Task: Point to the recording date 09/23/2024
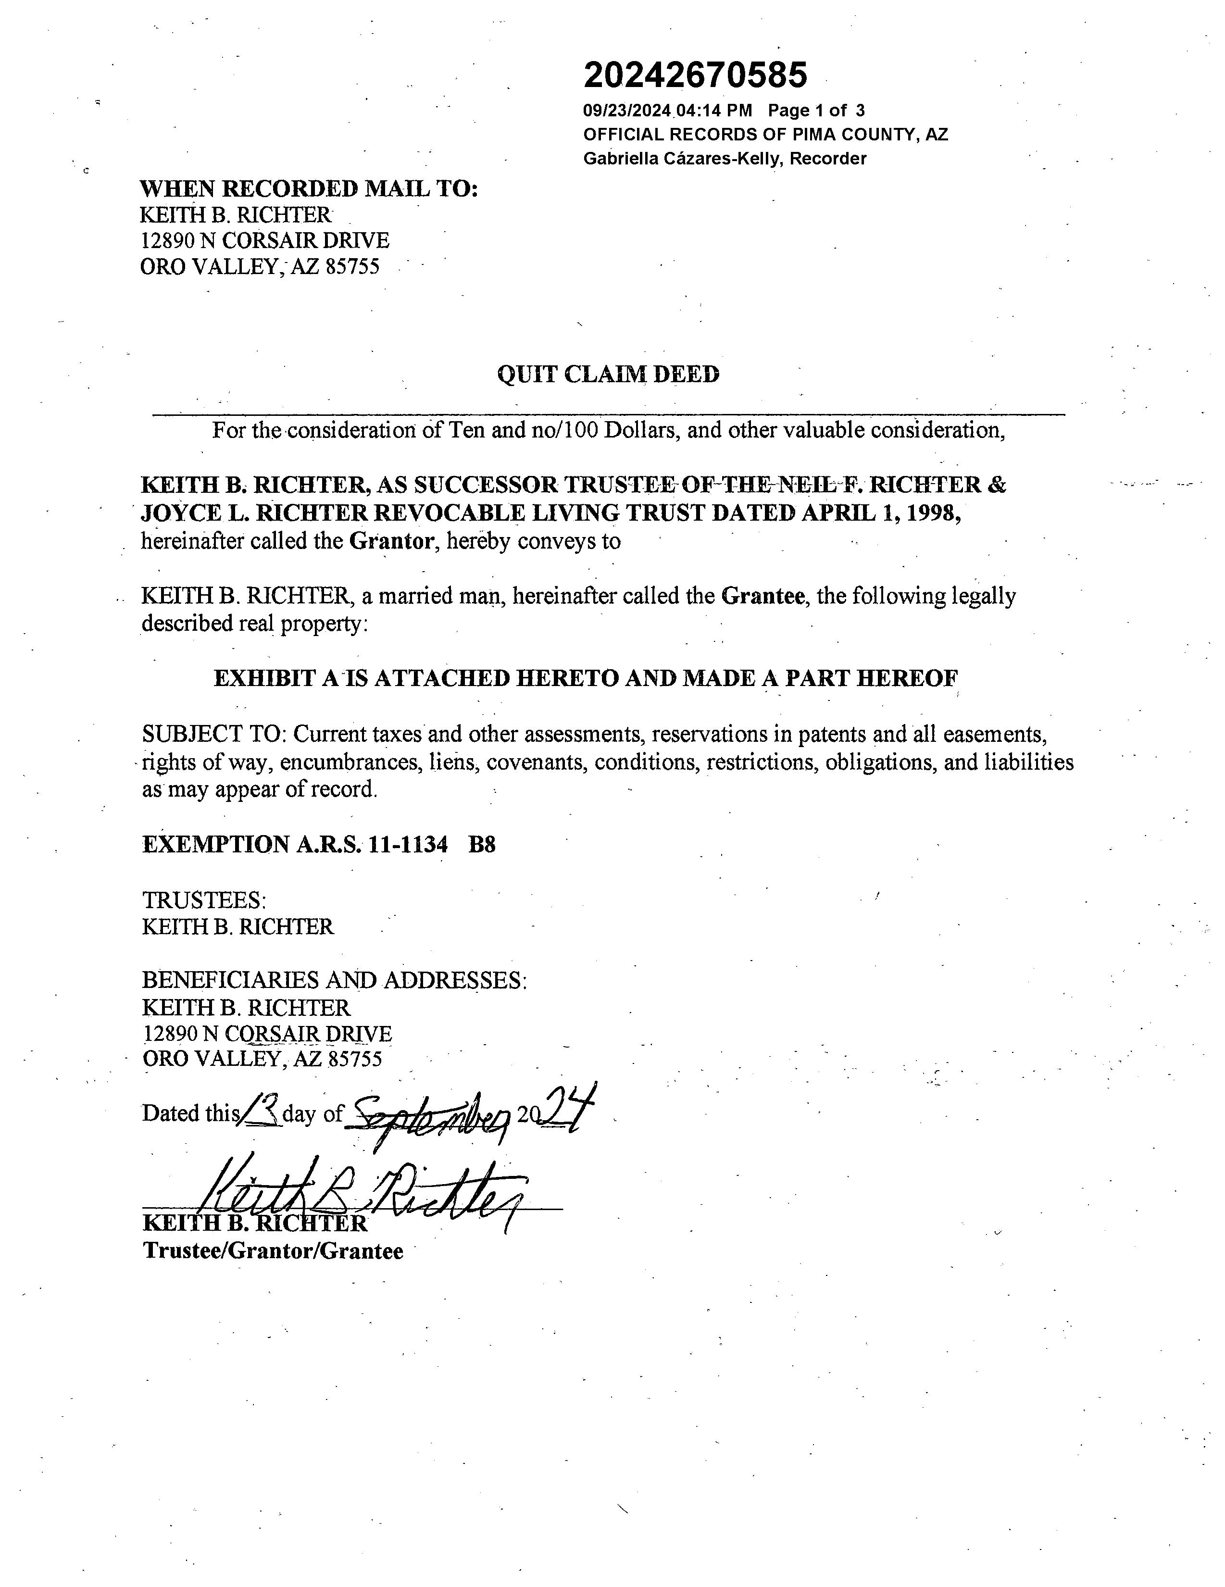pyautogui.click(x=628, y=111)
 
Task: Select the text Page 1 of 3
pyautogui.click(x=816, y=111)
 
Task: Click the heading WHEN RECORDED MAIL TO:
pyautogui.click(x=309, y=189)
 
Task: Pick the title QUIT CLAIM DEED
pyautogui.click(x=608, y=375)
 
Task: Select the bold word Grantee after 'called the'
pyautogui.click(x=763, y=597)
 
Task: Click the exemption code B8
pyautogui.click(x=482, y=845)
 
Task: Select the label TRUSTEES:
pyautogui.click(x=204, y=901)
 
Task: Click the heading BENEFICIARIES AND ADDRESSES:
pyautogui.click(x=334, y=981)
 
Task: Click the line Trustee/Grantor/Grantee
pyautogui.click(x=273, y=1251)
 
